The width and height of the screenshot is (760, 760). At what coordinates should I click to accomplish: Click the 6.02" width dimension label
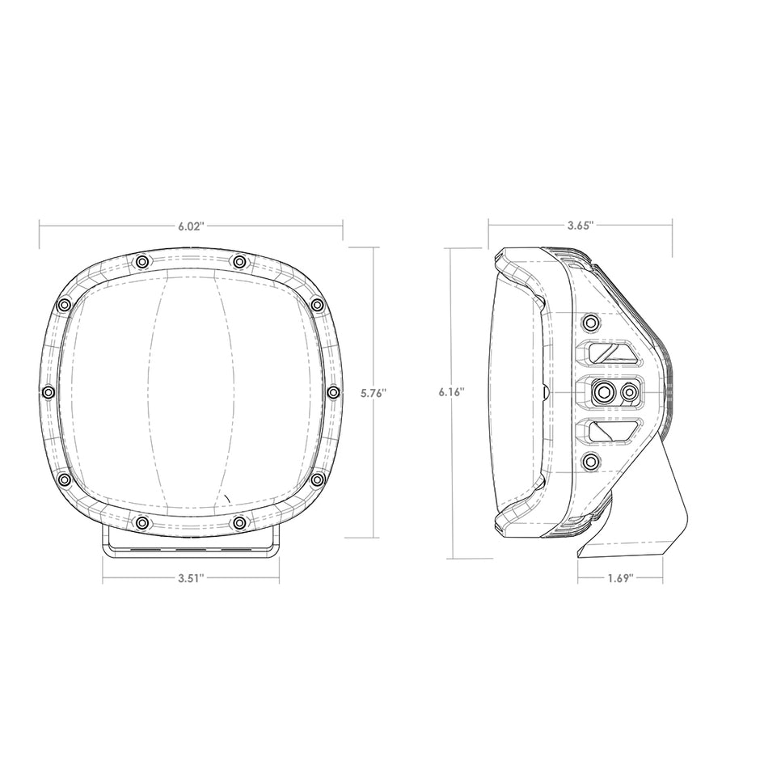click(x=192, y=226)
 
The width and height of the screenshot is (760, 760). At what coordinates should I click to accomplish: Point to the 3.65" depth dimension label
click(x=581, y=226)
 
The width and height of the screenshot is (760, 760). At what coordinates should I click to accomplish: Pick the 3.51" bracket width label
click(x=191, y=578)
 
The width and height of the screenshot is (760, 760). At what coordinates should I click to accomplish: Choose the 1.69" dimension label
click(x=619, y=578)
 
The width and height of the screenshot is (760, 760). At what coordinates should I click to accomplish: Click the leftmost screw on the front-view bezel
click(x=48, y=392)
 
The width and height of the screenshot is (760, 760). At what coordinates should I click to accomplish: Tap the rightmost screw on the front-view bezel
click(x=333, y=392)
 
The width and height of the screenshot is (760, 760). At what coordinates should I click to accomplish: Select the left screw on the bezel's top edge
click(x=142, y=261)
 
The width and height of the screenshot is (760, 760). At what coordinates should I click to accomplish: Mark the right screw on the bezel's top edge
click(x=239, y=261)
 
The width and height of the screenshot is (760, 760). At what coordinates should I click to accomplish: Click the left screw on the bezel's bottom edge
click(x=142, y=523)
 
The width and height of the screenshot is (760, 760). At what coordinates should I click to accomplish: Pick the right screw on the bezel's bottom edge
click(x=239, y=523)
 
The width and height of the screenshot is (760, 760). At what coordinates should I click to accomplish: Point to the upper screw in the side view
click(x=591, y=323)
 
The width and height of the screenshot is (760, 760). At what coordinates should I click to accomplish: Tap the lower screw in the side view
click(x=591, y=462)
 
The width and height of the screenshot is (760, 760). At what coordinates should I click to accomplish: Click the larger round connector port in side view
click(x=602, y=392)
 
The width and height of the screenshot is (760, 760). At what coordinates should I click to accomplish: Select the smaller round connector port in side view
click(x=627, y=392)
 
